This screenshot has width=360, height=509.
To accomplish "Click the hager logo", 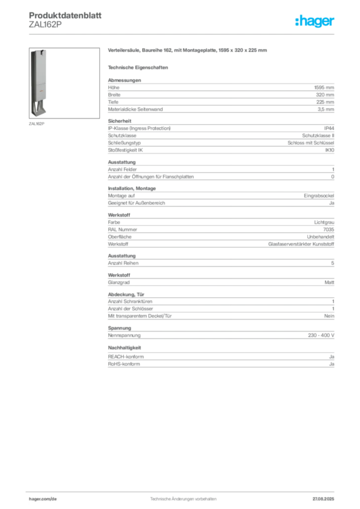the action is click(x=315, y=21).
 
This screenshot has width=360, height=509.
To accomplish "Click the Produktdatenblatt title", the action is click(x=65, y=15).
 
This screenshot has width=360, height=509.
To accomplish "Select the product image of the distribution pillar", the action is click(x=64, y=83).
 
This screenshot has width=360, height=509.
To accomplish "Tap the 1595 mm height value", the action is click(x=324, y=87).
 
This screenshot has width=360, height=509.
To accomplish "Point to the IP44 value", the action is click(x=329, y=128).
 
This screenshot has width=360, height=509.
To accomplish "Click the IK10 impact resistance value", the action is click(x=330, y=150).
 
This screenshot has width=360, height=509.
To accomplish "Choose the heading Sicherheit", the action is click(x=119, y=121).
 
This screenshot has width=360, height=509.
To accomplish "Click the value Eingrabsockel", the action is click(x=319, y=196).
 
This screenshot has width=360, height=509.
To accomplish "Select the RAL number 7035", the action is click(x=329, y=230).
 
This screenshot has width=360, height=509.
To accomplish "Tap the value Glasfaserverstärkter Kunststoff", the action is click(x=301, y=244).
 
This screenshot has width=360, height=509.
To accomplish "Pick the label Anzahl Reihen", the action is click(x=123, y=263).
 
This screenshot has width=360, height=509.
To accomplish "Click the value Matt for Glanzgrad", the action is click(x=329, y=282).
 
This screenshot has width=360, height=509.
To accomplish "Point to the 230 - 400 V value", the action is click(x=321, y=336).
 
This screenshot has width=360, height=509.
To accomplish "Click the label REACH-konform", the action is click(x=126, y=357).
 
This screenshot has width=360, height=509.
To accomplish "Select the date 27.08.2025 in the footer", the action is click(x=323, y=499).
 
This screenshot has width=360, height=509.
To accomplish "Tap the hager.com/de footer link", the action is click(x=43, y=499).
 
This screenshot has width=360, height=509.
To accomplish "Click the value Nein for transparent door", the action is click(x=329, y=316).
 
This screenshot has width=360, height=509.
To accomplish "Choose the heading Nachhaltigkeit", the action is click(x=124, y=347).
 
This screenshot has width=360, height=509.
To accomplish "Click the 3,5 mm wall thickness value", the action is click(x=326, y=109).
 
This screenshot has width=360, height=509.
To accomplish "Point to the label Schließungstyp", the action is click(x=124, y=143).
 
